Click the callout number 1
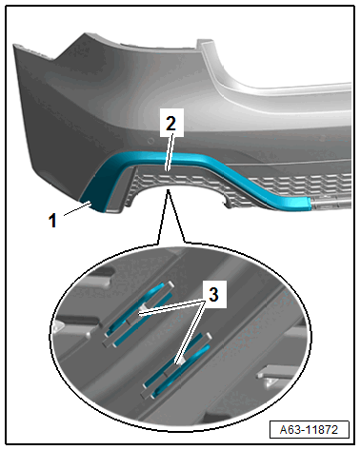(x=52, y=221)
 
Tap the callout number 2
(x=171, y=124)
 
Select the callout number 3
(x=213, y=294)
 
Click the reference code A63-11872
(x=309, y=430)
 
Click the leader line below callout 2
(x=169, y=152)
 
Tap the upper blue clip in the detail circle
(x=139, y=314)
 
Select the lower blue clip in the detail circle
(x=177, y=364)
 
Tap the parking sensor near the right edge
(x=322, y=138)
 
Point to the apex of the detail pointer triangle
(x=169, y=190)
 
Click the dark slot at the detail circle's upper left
(x=102, y=274)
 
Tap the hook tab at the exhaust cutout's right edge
(x=228, y=204)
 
